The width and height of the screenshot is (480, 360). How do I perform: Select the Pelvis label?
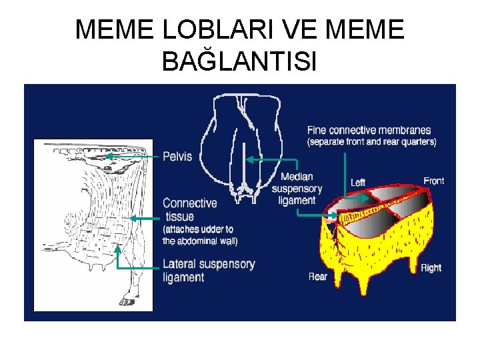[177, 157]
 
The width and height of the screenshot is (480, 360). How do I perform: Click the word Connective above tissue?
[190, 203]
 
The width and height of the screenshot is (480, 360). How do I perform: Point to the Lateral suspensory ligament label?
[209, 270]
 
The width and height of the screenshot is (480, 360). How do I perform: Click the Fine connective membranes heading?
[369, 130]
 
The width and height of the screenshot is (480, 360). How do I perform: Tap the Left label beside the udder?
[358, 182]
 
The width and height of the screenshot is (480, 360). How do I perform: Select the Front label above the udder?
[433, 181]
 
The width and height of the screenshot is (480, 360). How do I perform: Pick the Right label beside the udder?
[431, 268]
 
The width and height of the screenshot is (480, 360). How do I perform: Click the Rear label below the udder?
[318, 276]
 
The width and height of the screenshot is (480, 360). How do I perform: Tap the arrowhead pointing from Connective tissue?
[131, 217]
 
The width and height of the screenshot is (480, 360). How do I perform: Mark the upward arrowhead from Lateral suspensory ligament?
[118, 247]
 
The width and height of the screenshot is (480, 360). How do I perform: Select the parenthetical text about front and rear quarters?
[371, 142]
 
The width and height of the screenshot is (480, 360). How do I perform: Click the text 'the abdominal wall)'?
[200, 241]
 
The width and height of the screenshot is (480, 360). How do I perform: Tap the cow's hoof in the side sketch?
[126, 302]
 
